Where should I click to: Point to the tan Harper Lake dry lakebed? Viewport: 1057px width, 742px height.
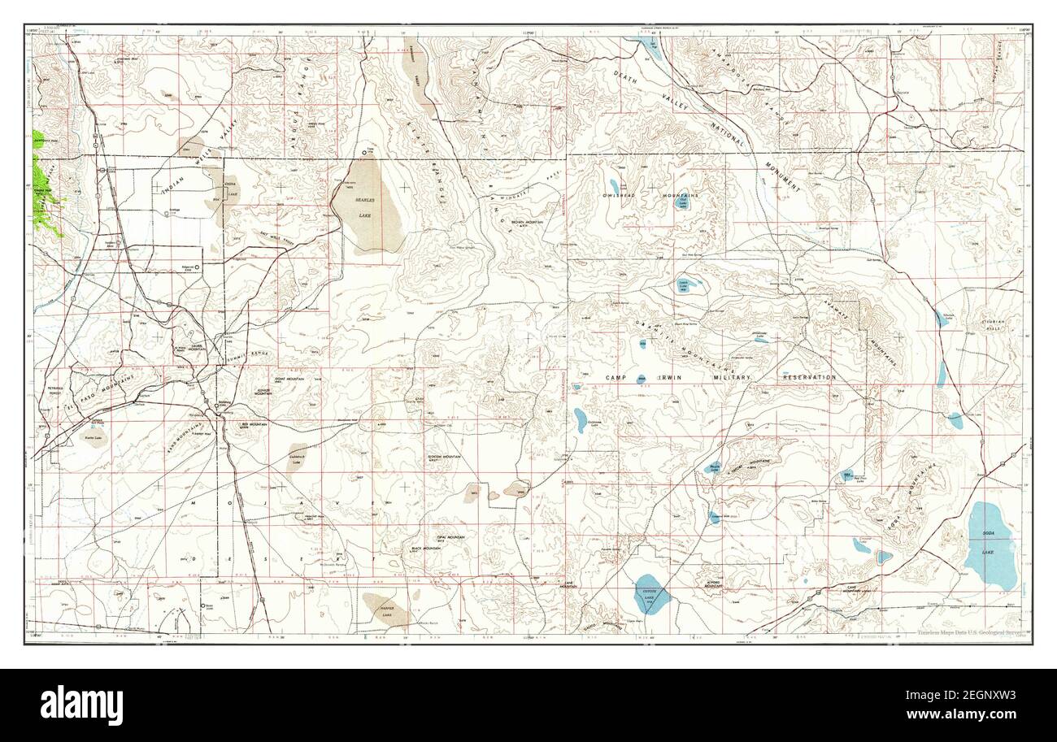(381, 609)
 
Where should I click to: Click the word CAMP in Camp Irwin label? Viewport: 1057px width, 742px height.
(620, 378)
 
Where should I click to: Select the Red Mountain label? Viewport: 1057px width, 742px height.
(254, 424)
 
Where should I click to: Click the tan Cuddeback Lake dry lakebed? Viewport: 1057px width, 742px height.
(296, 457)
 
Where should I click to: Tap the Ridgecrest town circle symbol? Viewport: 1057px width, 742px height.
(196, 266)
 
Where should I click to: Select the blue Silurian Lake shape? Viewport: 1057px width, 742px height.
(941, 319)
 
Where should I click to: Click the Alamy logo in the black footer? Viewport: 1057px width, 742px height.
(81, 705)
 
